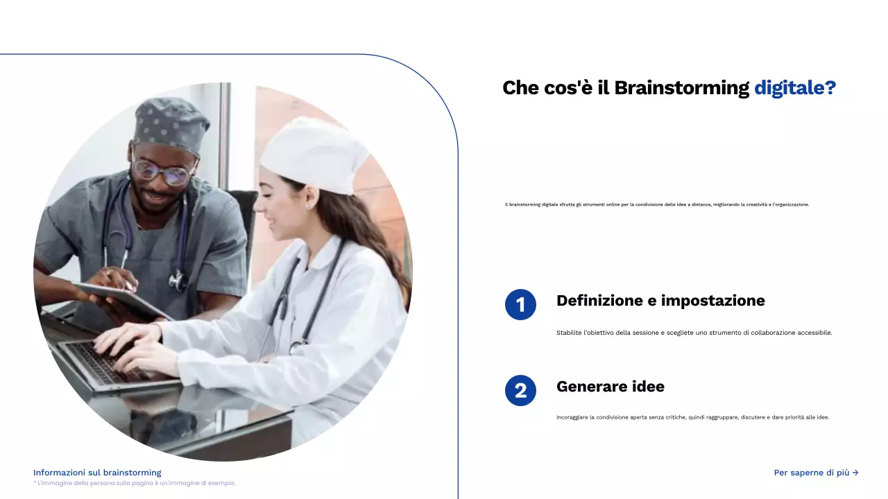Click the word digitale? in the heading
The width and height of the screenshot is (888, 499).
tap(794, 88)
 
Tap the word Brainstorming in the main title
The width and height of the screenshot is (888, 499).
tap(681, 88)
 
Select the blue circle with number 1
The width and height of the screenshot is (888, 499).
tap(520, 304)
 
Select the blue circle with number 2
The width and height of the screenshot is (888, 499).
tap(520, 390)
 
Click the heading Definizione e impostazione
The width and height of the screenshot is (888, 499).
tap(660, 301)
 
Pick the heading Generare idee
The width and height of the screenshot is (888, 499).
tap(610, 387)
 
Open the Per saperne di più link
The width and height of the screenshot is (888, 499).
tap(816, 473)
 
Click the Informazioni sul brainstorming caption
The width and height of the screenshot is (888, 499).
tap(97, 473)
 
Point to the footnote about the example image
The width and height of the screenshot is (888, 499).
tap(134, 483)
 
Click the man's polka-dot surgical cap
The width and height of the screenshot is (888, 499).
tap(171, 123)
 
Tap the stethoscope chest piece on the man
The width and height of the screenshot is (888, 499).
tap(178, 280)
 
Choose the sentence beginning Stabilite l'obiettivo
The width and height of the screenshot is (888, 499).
tap(694, 333)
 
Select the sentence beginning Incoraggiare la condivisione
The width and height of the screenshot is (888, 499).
tap(692, 417)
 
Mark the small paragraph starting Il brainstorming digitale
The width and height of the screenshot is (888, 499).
tap(657, 204)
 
